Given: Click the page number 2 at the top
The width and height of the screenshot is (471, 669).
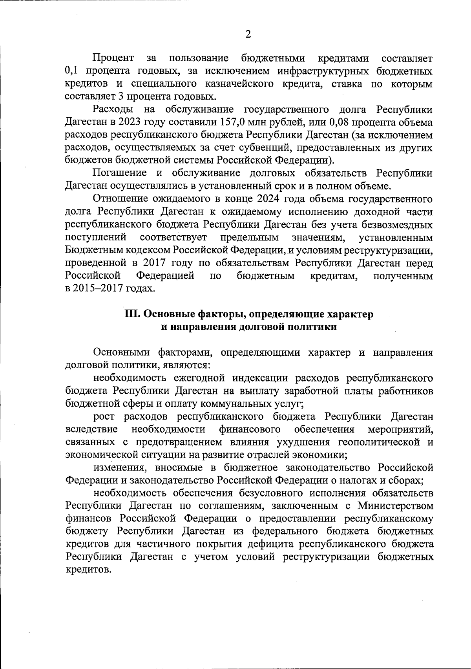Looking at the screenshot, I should [248, 35].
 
